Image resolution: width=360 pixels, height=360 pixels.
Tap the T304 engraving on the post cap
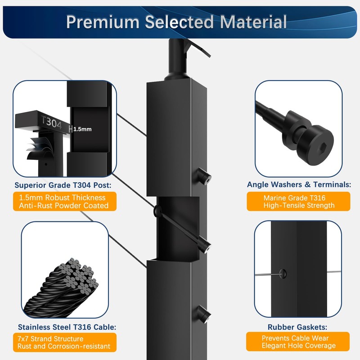(x=51, y=122)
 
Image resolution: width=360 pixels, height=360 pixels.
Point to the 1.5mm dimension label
(x=82, y=129)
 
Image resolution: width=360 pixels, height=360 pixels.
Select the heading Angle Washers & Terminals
(x=299, y=184)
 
